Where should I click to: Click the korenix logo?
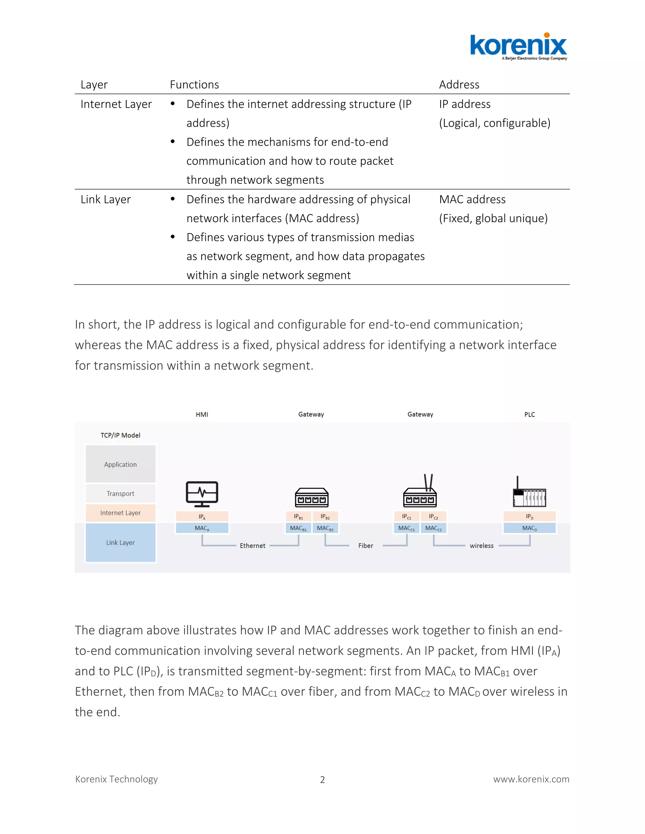coord(518,47)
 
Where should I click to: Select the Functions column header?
coord(194,84)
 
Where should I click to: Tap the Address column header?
coord(459,84)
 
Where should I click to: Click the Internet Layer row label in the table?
coord(116,104)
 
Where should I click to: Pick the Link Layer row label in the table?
coord(106,199)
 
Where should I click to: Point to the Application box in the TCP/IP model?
coord(120,464)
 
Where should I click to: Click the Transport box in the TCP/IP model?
coord(120,493)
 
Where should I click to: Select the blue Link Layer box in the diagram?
coord(120,542)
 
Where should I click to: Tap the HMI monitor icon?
coord(202,494)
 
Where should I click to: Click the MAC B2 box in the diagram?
coord(325,528)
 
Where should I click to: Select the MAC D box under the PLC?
coord(530,528)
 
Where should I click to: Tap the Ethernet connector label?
coord(252,546)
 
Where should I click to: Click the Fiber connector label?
coord(365,546)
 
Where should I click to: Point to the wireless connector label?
coord(482,546)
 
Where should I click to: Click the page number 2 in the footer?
coord(322,780)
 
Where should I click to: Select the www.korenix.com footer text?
coord(531,779)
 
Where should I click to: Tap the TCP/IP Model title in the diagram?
coord(120,435)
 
